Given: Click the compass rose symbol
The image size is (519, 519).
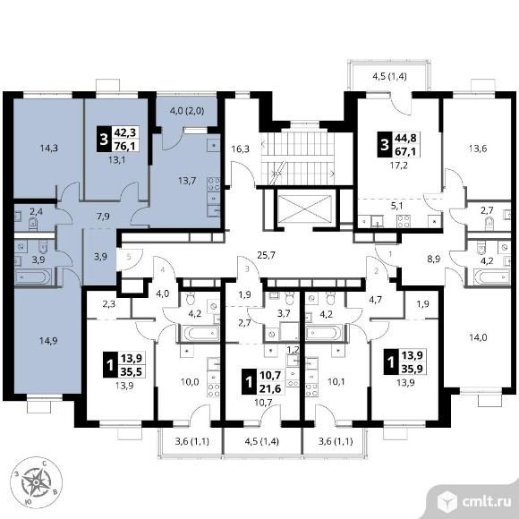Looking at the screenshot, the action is pyautogui.click(x=36, y=482).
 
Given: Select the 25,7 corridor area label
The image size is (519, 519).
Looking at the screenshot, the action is pyautogui.click(x=267, y=255).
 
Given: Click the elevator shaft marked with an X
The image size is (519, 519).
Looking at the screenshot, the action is pyautogui.click(x=305, y=208).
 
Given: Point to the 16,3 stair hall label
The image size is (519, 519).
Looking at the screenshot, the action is pyautogui.click(x=241, y=149).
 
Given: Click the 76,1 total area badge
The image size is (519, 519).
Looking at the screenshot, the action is pyautogui.click(x=124, y=145).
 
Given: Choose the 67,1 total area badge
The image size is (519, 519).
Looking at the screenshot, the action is pyautogui.click(x=405, y=151).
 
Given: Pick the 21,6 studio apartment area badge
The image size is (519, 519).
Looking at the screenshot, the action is pyautogui.click(x=270, y=388).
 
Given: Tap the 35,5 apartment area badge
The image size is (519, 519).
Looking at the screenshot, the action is pyautogui.click(x=131, y=371).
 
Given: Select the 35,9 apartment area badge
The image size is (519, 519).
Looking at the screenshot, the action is pyautogui.click(x=413, y=368).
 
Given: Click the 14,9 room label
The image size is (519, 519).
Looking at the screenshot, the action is pyautogui.click(x=48, y=341).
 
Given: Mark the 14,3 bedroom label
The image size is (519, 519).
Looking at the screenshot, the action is pyautogui.click(x=49, y=148).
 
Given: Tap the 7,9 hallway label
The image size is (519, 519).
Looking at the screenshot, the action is pyautogui.click(x=104, y=217).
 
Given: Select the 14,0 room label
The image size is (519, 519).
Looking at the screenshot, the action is pyautogui.click(x=479, y=337).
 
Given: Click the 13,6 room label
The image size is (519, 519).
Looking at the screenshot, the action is pyautogui.click(x=478, y=149).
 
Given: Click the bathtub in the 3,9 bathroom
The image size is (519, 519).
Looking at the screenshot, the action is pyautogui.click(x=33, y=277).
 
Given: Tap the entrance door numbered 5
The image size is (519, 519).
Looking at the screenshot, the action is pyautogui.click(x=129, y=257).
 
